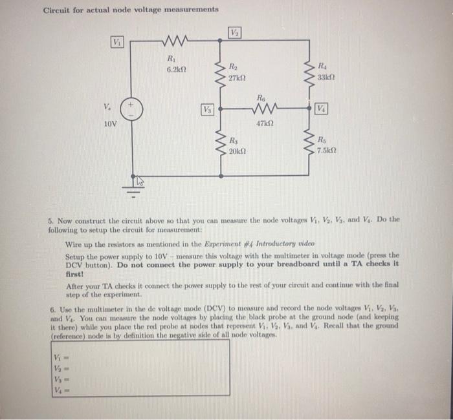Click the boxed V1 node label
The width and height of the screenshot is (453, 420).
click(118, 42)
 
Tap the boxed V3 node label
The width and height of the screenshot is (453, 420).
click(208, 108)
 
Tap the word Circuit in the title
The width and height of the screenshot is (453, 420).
click(58, 10)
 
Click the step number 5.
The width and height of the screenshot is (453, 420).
click(51, 219)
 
